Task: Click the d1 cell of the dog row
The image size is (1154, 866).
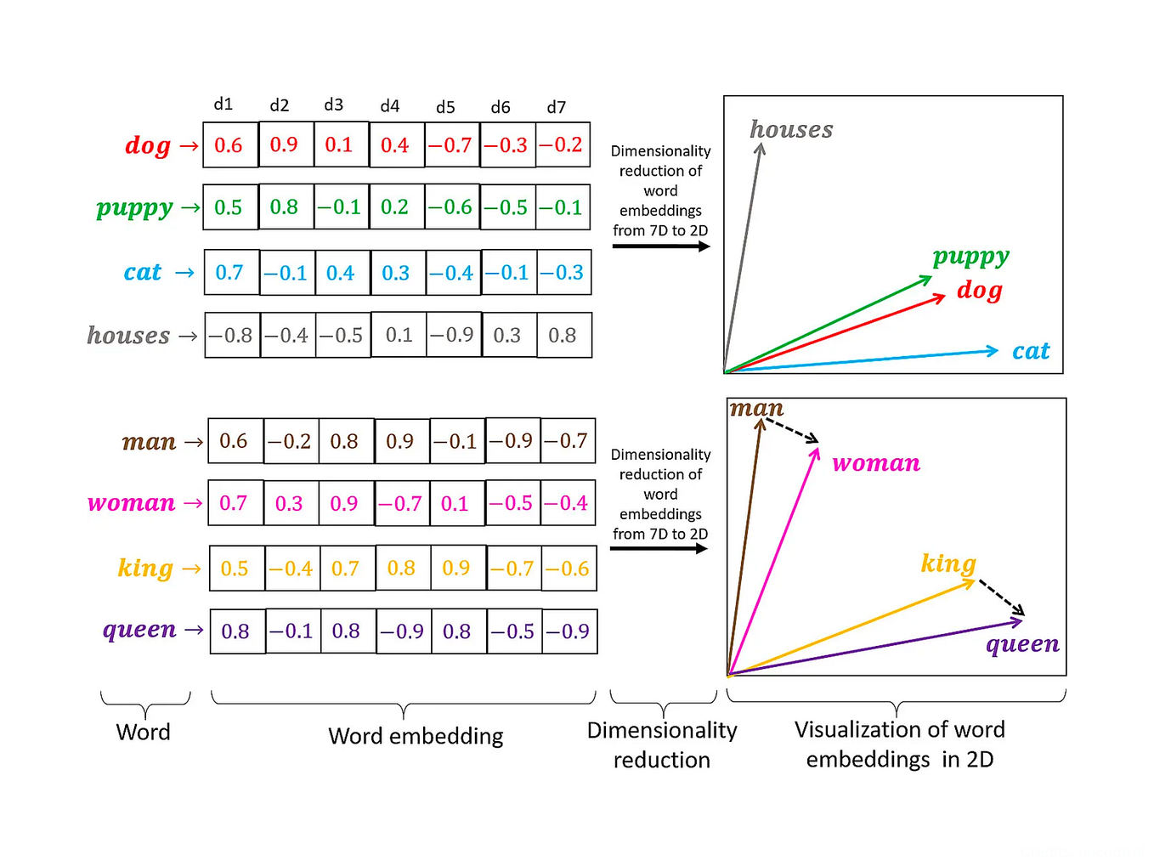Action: pyautogui.click(x=229, y=145)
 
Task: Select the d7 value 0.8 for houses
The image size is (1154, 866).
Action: pyautogui.click(x=563, y=336)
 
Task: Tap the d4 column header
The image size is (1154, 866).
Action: pyautogui.click(x=390, y=106)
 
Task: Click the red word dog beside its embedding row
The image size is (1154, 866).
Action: pyautogui.click(x=148, y=145)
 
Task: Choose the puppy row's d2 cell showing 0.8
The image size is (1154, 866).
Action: pyautogui.click(x=285, y=207)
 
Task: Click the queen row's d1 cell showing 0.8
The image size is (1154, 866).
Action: pyautogui.click(x=236, y=631)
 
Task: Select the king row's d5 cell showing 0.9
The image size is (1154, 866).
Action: pyautogui.click(x=457, y=568)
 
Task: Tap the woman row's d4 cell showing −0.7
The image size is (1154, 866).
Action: pyautogui.click(x=401, y=504)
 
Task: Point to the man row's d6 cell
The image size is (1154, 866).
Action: pyautogui.click(x=512, y=441)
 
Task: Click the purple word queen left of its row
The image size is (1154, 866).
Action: pyautogui.click(x=139, y=630)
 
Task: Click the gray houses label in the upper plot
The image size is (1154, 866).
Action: pyautogui.click(x=791, y=129)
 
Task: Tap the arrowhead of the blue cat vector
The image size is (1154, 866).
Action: pyautogui.click(x=992, y=351)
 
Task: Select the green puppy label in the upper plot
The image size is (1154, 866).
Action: pyautogui.click(x=970, y=256)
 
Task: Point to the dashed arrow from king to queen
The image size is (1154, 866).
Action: pyautogui.click(x=1001, y=597)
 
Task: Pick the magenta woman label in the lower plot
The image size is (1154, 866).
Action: pyautogui.click(x=876, y=463)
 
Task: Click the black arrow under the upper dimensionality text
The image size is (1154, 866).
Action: pyautogui.click(x=660, y=246)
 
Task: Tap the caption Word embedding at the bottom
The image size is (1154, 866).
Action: pyautogui.click(x=416, y=736)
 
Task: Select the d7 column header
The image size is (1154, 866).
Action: pyautogui.click(x=557, y=107)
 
